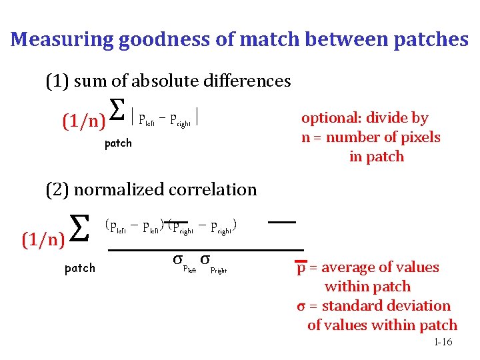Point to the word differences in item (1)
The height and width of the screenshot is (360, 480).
tap(247, 81)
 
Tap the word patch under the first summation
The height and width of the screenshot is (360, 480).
tap(119, 143)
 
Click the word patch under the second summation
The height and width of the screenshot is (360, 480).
tap(79, 268)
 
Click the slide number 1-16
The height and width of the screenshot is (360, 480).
tap(443, 342)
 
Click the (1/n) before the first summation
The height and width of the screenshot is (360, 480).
tap(84, 122)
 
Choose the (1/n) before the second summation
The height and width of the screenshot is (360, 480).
tap(43, 238)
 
